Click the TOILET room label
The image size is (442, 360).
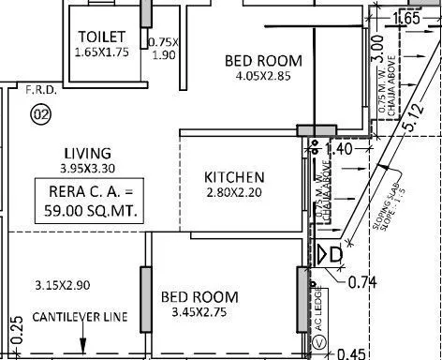tap(103, 36)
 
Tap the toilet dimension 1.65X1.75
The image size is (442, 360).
tap(103, 52)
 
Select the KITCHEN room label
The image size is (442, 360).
tap(234, 176)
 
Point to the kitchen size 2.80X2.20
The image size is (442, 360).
tap(234, 193)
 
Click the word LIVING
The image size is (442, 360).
tap(87, 153)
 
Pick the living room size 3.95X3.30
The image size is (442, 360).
tap(87, 169)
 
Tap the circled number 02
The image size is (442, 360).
tap(40, 114)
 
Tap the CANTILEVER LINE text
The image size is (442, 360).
tap(80, 317)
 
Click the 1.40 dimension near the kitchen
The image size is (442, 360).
tap(340, 148)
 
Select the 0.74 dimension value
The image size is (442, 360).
tap(361, 281)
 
